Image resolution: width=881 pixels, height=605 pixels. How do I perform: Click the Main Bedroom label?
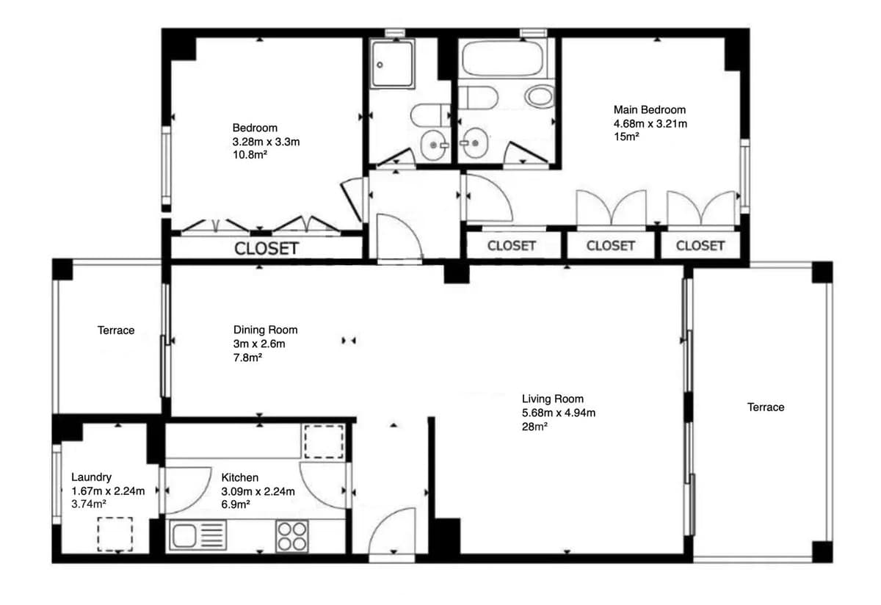(x=649, y=109)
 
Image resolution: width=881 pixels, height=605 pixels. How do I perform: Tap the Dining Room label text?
(x=266, y=330)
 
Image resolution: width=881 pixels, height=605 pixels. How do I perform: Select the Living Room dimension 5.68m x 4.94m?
(x=559, y=413)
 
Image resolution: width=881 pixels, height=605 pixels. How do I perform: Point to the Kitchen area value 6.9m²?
(x=236, y=504)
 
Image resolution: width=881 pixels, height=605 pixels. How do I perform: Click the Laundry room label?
(x=91, y=477)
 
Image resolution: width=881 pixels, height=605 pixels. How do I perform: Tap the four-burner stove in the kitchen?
(x=292, y=536)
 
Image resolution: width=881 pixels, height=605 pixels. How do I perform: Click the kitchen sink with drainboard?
(x=197, y=535)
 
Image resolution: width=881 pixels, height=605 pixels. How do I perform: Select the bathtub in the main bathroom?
(x=503, y=58)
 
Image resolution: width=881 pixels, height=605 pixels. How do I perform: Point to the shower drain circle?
(x=380, y=65)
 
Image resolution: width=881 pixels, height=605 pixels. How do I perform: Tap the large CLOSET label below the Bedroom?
(x=267, y=248)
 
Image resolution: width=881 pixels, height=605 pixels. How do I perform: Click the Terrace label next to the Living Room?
(x=766, y=407)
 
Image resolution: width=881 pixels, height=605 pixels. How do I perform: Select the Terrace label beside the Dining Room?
(x=116, y=330)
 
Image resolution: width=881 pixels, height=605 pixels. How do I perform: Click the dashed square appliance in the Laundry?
(x=115, y=535)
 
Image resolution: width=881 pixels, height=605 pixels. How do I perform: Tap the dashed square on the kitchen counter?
(x=324, y=441)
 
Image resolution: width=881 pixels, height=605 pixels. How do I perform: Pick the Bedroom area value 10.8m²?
(x=250, y=155)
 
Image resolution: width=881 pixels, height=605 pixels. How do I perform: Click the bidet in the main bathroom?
(x=540, y=96)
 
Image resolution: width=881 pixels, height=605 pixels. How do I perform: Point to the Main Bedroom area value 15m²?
(x=626, y=137)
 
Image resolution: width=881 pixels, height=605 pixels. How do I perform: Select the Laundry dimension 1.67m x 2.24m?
(x=108, y=491)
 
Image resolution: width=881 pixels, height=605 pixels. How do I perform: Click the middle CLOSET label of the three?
(x=610, y=246)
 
